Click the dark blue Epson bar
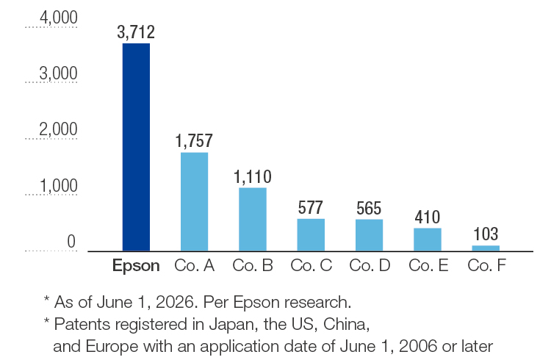(136, 147)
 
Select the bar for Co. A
(195, 201)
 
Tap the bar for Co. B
(253, 220)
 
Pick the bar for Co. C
(311, 235)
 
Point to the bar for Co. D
(369, 235)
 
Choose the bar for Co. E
(428, 240)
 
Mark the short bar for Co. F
(486, 248)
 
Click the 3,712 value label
(136, 32)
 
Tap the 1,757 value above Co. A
(195, 141)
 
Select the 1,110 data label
(253, 176)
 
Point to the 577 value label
(310, 207)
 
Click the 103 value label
(486, 234)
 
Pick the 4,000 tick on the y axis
(58, 18)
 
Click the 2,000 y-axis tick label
(58, 129)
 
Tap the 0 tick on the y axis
(71, 242)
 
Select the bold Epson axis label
(136, 266)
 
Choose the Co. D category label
(370, 265)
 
